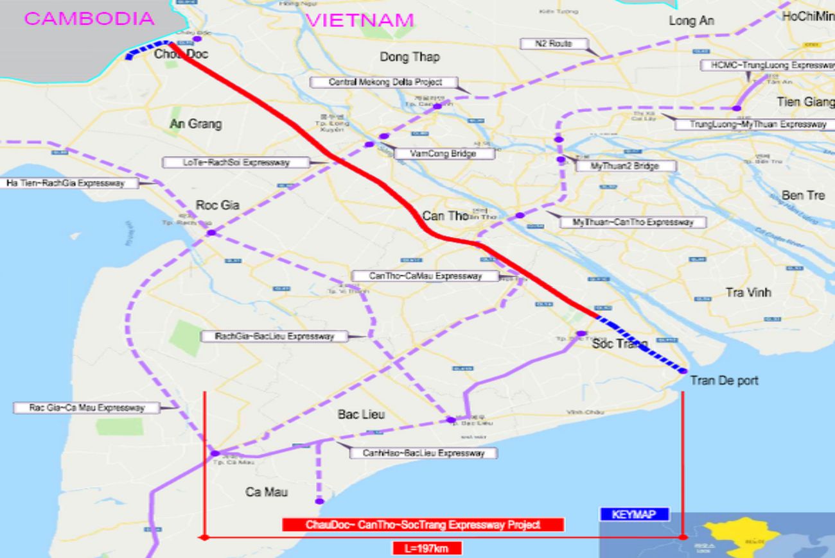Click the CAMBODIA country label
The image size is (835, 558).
pyautogui.click(x=89, y=18)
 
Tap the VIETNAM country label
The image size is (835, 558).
pyautogui.click(x=360, y=20)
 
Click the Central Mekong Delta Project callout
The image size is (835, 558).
pyautogui.click(x=385, y=82)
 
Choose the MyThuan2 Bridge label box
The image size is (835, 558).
pyautogui.click(x=616, y=165)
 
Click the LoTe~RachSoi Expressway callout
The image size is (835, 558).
pyautogui.click(x=236, y=162)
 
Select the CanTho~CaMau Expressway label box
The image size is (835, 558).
pyautogui.click(x=425, y=276)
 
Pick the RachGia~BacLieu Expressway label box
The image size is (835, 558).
pyautogui.click(x=275, y=336)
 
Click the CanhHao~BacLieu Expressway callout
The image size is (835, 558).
pyautogui.click(x=423, y=453)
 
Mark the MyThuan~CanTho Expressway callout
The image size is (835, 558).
pyautogui.click(x=626, y=223)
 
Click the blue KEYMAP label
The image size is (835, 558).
pyautogui.click(x=633, y=514)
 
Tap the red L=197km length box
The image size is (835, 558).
pyautogui.click(x=426, y=548)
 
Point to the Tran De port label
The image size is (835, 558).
pyautogui.click(x=724, y=381)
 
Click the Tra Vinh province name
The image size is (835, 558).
pyautogui.click(x=748, y=292)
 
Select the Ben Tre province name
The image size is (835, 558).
pyautogui.click(x=803, y=195)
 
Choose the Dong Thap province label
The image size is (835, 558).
pyautogui.click(x=409, y=57)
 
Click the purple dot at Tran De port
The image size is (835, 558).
pyautogui.click(x=683, y=371)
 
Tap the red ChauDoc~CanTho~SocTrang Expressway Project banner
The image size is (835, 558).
pyautogui.click(x=423, y=525)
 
